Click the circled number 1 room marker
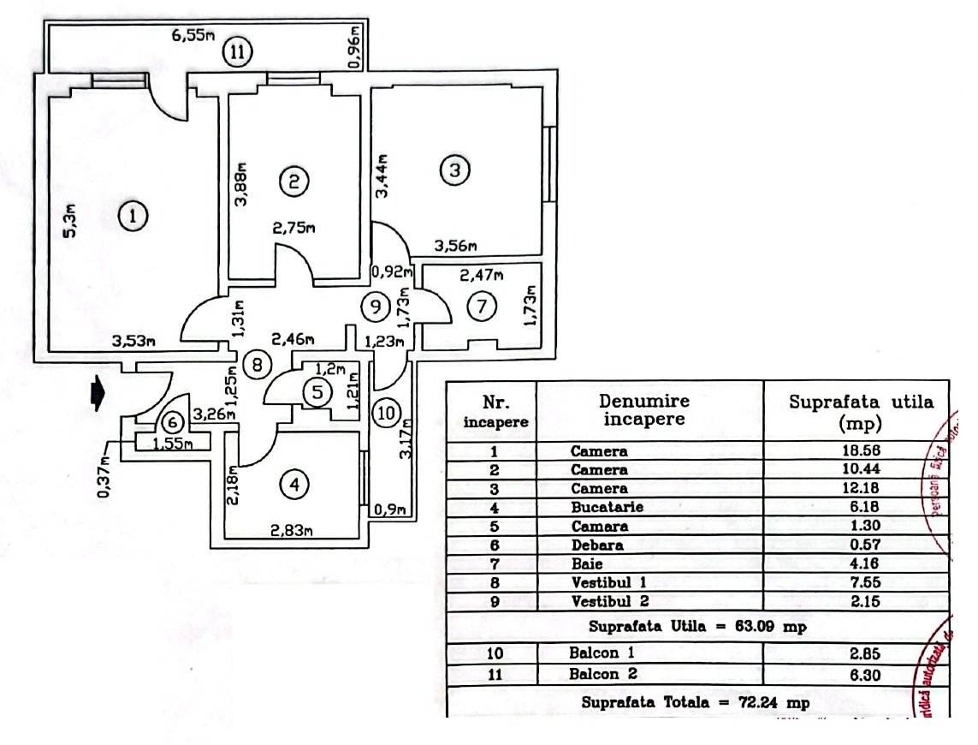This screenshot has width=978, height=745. (133, 217)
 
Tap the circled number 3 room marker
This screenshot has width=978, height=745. (455, 170)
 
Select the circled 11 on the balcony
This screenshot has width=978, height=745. (239, 52)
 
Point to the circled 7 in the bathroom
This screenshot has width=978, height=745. (482, 305)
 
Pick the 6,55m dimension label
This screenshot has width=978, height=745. (193, 36)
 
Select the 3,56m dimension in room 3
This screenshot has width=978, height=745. (455, 246)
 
